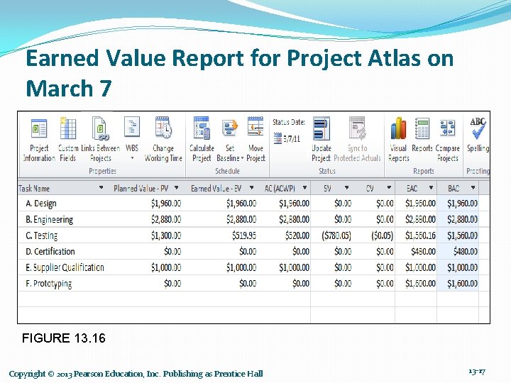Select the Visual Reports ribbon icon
(398, 139)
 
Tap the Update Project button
(322, 139)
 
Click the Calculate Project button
(202, 139)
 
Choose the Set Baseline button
(229, 139)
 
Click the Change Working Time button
(163, 139)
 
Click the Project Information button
(39, 139)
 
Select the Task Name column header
(34, 189)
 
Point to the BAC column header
(454, 189)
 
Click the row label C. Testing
(42, 235)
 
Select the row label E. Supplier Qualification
(65, 267)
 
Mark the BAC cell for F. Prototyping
(461, 284)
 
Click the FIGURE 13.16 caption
(64, 338)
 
